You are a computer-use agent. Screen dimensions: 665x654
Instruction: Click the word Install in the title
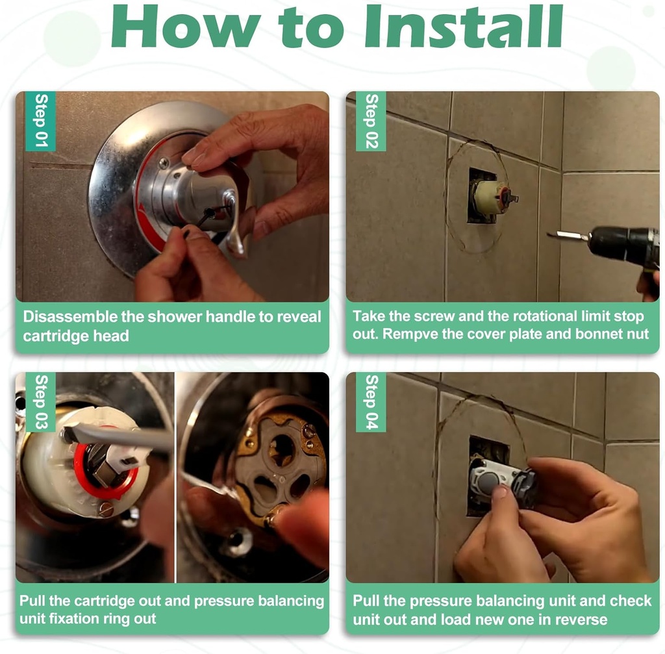(464, 26)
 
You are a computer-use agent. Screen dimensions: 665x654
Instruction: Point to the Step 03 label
(41, 401)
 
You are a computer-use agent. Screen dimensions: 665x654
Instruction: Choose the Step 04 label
(371, 401)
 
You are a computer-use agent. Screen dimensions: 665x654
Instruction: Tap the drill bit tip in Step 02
(548, 234)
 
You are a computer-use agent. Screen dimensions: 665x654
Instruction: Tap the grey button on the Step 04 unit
(488, 483)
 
